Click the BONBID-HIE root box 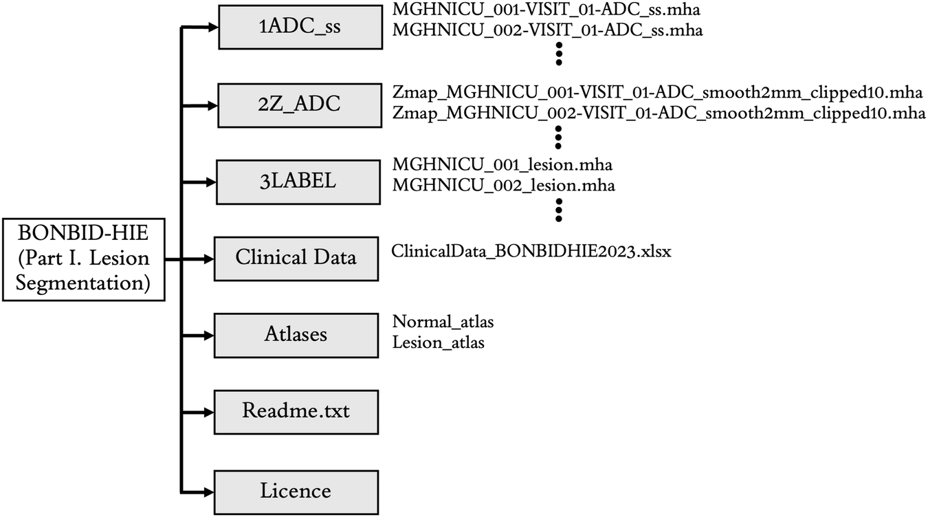point(83,259)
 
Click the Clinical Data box point(296,258)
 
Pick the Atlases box point(296,335)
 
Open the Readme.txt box point(296,412)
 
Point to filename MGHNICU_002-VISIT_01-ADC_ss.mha point(547,32)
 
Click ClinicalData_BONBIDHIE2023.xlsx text point(531,252)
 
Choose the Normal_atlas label point(443,321)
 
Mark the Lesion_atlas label point(438,342)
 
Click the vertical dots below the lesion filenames point(559,210)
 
